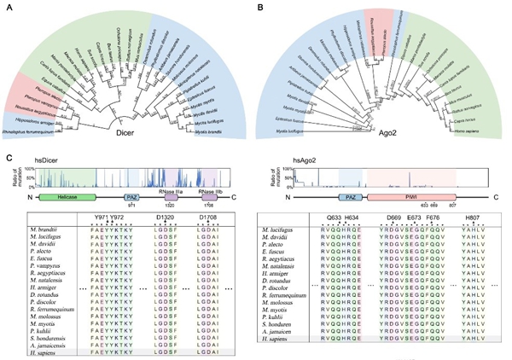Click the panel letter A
(8, 6)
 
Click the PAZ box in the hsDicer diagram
(130, 195)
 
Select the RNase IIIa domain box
(173, 195)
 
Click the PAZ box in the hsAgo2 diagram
(352, 195)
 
